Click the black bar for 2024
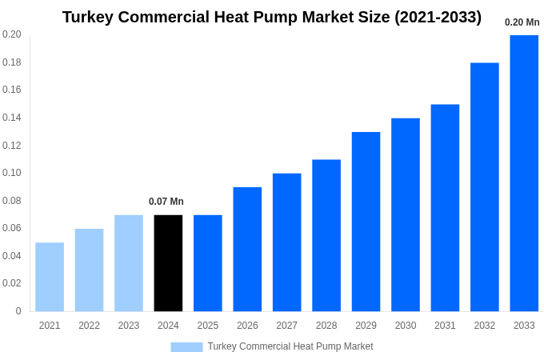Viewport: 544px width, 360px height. click(168, 263)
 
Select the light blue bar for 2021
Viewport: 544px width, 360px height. click(50, 277)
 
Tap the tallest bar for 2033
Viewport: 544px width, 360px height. click(524, 173)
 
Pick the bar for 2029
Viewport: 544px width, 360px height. click(366, 222)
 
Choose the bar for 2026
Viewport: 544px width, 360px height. click(247, 249)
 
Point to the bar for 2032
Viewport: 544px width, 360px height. click(484, 187)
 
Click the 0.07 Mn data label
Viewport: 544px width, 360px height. click(166, 202)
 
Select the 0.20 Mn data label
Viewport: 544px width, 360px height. click(522, 22)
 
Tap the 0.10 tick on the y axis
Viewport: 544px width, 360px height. click(12, 173)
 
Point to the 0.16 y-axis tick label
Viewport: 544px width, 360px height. click(12, 90)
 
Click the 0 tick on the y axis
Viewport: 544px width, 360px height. click(18, 311)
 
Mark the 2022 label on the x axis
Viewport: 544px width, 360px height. click(89, 326)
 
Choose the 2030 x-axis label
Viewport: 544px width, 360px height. click(406, 326)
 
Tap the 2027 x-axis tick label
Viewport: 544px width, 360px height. click(286, 326)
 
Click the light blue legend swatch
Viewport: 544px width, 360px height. click(186, 347)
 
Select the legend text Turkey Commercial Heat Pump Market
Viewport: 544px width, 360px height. click(290, 346)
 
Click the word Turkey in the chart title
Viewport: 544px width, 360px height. click(88, 17)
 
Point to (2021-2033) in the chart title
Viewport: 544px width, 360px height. click(430, 17)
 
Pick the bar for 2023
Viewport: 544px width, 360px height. click(129, 263)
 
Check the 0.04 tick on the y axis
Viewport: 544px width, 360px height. click(12, 256)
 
